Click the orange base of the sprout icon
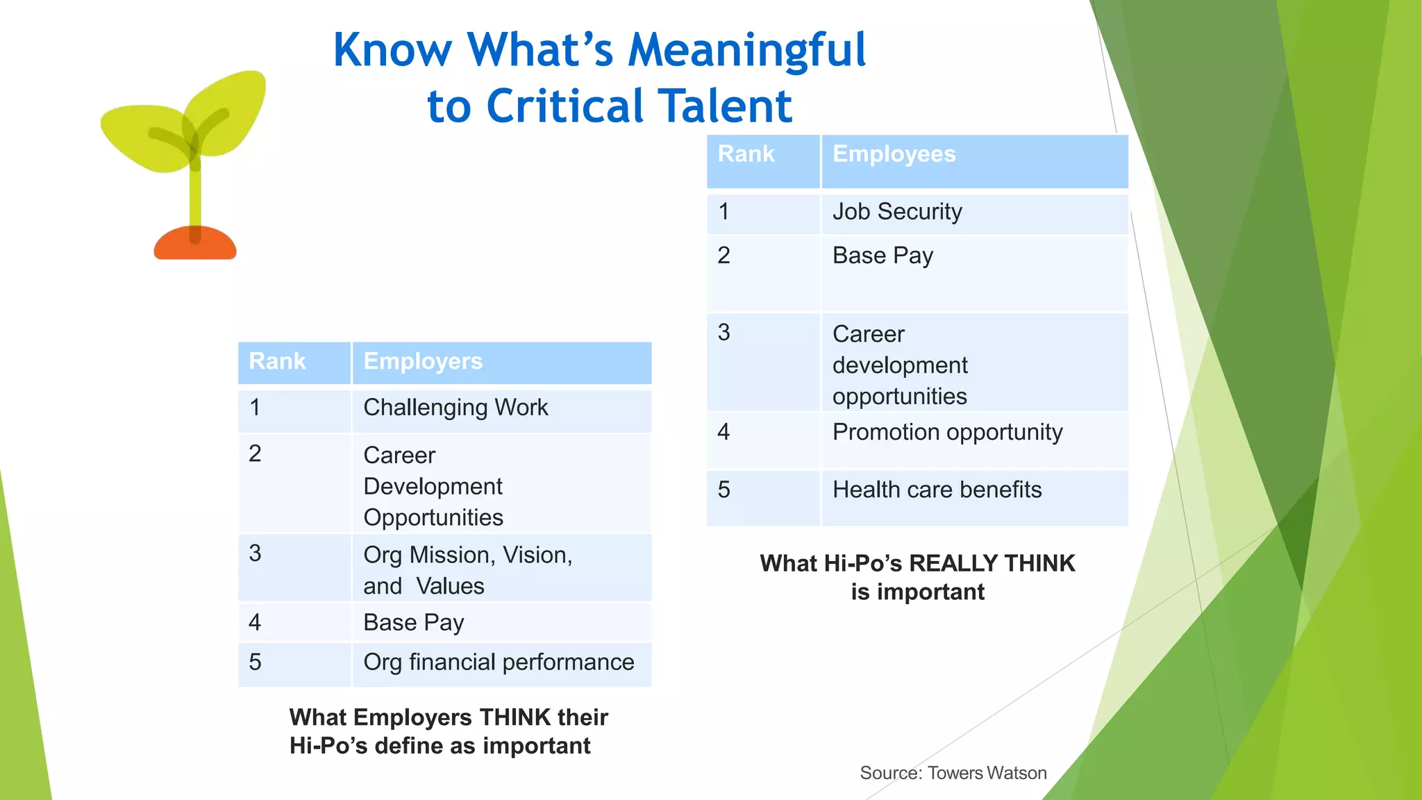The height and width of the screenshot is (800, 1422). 195,244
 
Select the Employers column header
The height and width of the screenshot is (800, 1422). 423,362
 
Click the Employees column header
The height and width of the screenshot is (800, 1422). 894,154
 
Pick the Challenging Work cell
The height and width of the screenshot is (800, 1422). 455,408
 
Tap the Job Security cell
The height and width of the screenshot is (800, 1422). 897,212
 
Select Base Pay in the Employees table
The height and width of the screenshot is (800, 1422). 883,256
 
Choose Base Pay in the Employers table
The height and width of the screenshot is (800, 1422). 414,623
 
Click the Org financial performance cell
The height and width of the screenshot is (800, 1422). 499,662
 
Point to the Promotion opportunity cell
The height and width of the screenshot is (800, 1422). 947,433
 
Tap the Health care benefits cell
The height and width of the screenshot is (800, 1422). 937,490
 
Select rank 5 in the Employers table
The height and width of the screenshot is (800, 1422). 256,662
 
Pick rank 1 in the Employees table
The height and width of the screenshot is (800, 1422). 724,212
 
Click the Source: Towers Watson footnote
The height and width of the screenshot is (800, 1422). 953,773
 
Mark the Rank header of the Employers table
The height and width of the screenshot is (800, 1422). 277,362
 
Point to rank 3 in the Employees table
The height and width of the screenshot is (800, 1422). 724,333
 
